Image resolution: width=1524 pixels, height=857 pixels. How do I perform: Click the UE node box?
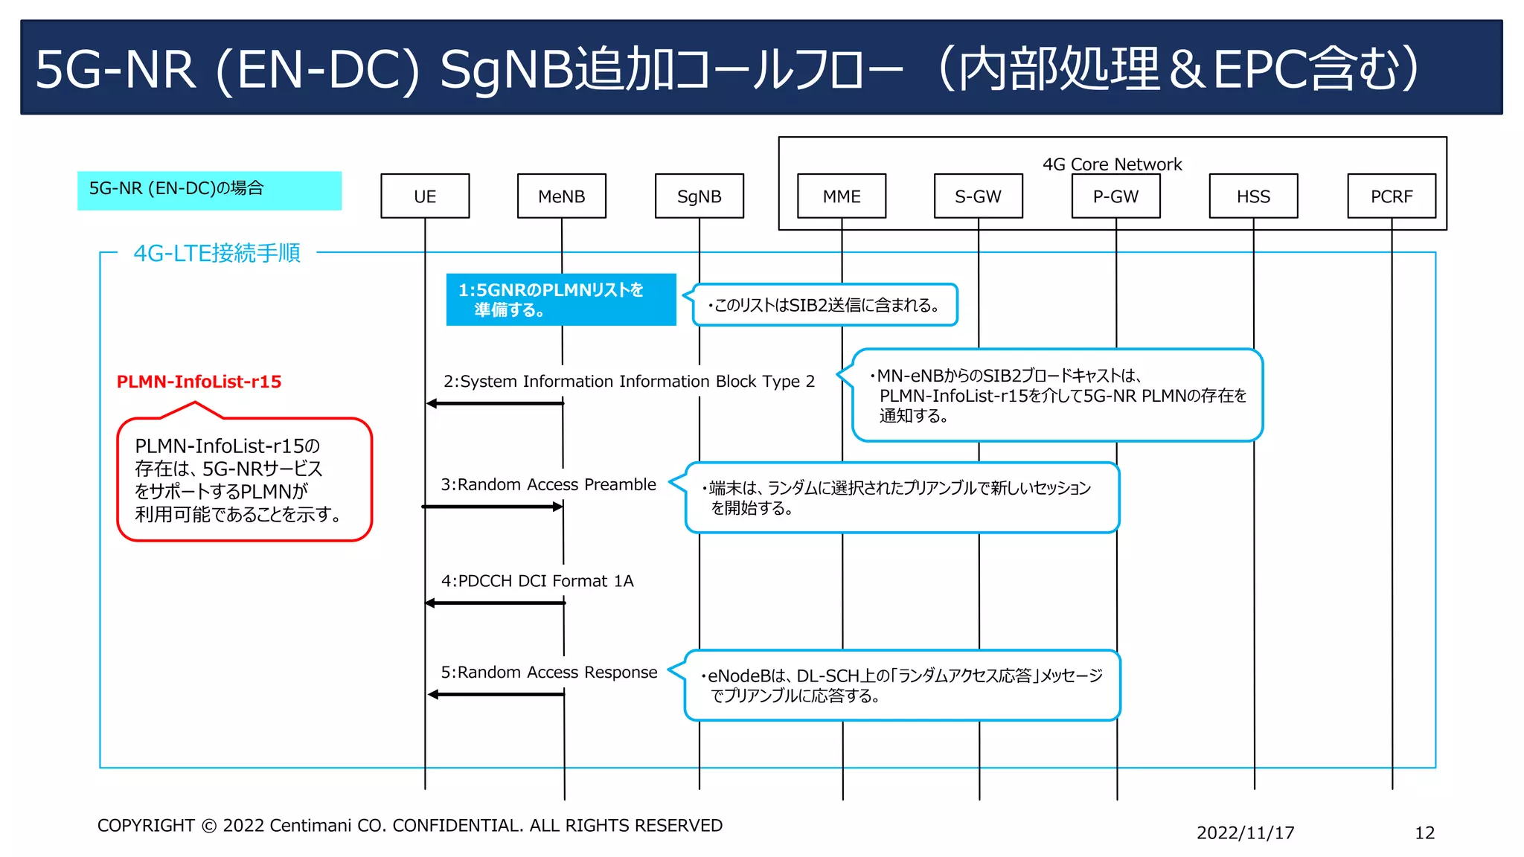[x=425, y=196]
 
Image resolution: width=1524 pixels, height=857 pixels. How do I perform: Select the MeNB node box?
[x=562, y=196]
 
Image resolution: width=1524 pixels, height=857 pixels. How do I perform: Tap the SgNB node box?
[x=699, y=196]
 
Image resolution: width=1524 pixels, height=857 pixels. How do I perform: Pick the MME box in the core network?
[x=842, y=196]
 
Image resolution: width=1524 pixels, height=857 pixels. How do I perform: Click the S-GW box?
[x=979, y=196]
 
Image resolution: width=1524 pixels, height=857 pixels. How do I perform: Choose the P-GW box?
[x=1116, y=196]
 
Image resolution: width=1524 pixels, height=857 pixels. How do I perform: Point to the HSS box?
[x=1254, y=196]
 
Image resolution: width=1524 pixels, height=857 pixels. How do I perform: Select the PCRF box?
[x=1392, y=196]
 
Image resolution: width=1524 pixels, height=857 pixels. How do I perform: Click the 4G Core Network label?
[x=1112, y=164]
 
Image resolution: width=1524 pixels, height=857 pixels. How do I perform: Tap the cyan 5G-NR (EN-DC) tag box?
[x=209, y=190]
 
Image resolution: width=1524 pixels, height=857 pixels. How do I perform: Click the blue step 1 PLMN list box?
[x=561, y=300]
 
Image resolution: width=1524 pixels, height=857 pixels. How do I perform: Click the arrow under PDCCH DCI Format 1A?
[x=495, y=603]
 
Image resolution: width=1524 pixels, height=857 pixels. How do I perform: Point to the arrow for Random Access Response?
[x=496, y=694]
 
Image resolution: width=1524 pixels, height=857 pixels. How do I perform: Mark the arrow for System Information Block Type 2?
[x=495, y=403]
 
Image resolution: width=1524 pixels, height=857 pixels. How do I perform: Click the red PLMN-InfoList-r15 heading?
[x=199, y=382]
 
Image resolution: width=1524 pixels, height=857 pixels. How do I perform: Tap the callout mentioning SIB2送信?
[x=825, y=305]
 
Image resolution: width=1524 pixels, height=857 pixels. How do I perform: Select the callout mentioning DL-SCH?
[x=902, y=685]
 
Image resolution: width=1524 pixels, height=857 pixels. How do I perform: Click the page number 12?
[x=1424, y=832]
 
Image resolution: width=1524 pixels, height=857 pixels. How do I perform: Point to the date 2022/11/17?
[x=1245, y=832]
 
